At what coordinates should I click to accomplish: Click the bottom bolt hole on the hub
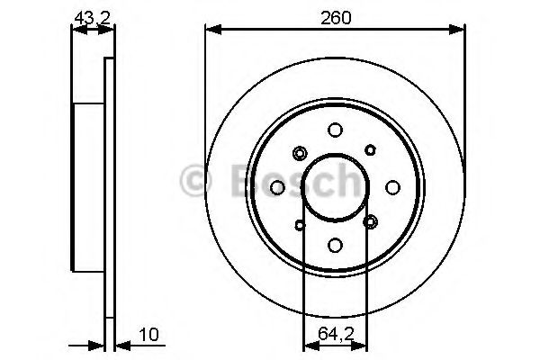335,245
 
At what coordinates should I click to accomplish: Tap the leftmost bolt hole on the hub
277,187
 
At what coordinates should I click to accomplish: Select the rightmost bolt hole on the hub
392,187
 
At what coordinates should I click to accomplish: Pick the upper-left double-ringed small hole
301,153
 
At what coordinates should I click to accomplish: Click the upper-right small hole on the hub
369,151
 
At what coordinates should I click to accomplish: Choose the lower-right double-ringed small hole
370,221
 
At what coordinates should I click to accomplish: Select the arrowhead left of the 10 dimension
100,344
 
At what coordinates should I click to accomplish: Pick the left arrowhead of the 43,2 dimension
76,30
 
